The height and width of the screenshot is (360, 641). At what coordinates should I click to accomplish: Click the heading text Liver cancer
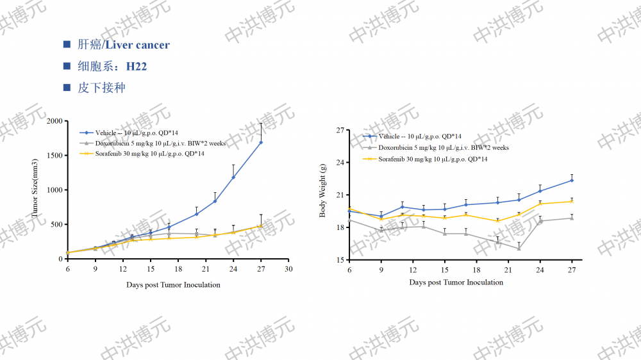[x=138, y=45]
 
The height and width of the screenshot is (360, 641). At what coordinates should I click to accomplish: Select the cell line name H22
[x=137, y=66]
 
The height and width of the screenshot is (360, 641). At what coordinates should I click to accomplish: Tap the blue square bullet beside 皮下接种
[x=67, y=88]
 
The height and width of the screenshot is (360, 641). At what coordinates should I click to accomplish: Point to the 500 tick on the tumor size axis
[x=56, y=224]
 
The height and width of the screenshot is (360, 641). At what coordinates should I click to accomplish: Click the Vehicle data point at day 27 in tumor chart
[x=261, y=142]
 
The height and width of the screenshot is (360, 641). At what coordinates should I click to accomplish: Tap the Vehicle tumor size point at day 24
[x=233, y=177]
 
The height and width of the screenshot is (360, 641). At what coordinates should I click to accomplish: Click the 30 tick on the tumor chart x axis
[x=288, y=269]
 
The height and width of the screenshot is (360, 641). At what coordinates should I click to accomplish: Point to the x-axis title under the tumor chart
[x=173, y=285]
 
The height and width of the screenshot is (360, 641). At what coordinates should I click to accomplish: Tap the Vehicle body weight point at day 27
[x=571, y=180]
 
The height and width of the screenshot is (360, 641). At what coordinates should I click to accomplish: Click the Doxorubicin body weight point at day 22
[x=519, y=249]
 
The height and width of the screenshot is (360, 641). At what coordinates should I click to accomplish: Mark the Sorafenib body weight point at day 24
[x=540, y=204]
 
